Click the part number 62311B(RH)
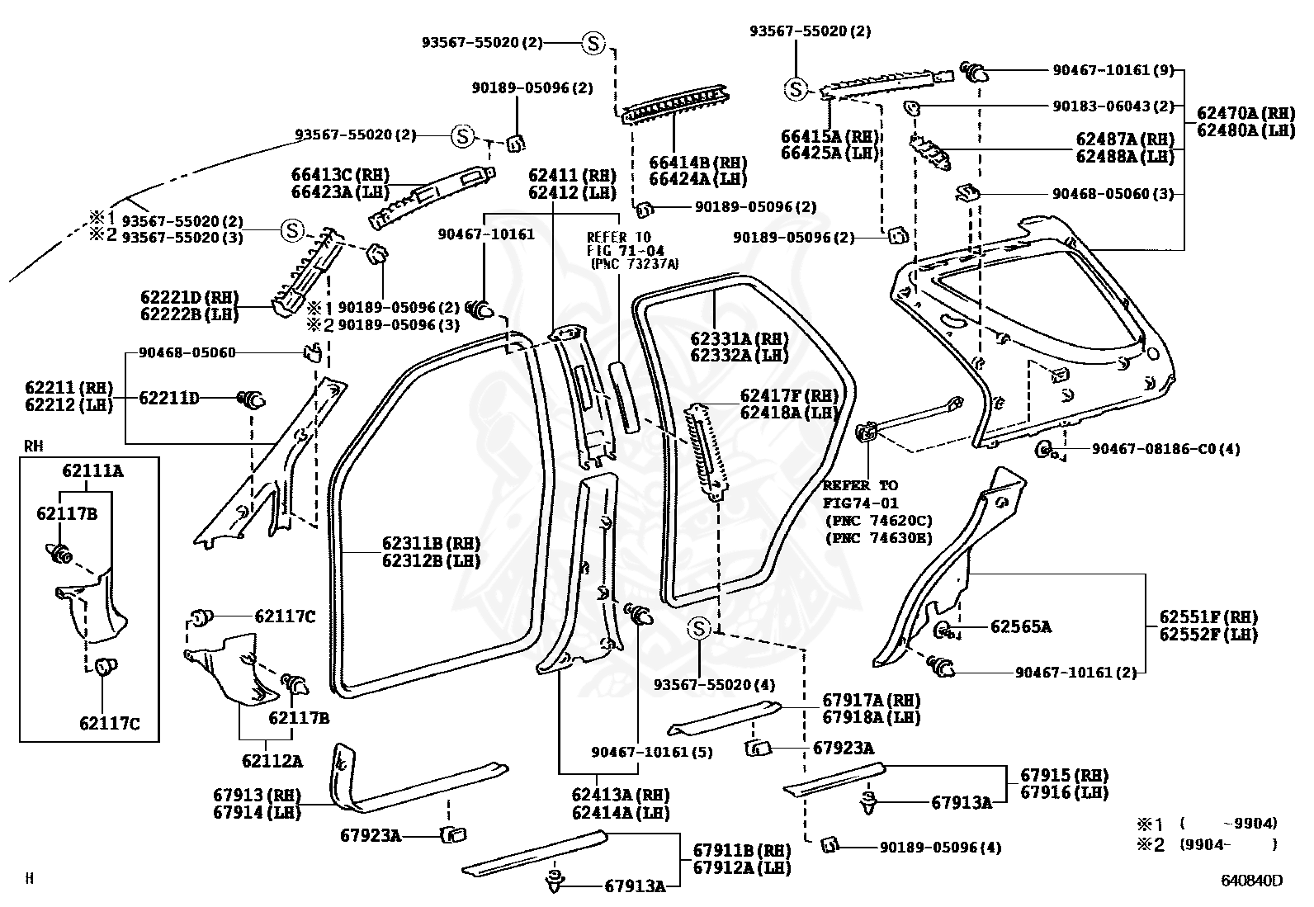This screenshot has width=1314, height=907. (430, 544)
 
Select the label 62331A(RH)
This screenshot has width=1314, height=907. (739, 338)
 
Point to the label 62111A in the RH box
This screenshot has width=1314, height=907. (92, 471)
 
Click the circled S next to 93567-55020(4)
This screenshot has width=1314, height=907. (699, 629)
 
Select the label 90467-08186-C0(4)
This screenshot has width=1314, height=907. (1165, 449)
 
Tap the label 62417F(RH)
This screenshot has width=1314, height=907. (789, 395)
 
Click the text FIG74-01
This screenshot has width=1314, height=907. (860, 503)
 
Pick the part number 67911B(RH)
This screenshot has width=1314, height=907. (741, 850)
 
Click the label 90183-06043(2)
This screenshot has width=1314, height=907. (1113, 106)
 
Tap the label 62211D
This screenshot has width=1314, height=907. (168, 399)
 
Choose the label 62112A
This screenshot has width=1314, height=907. (272, 761)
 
